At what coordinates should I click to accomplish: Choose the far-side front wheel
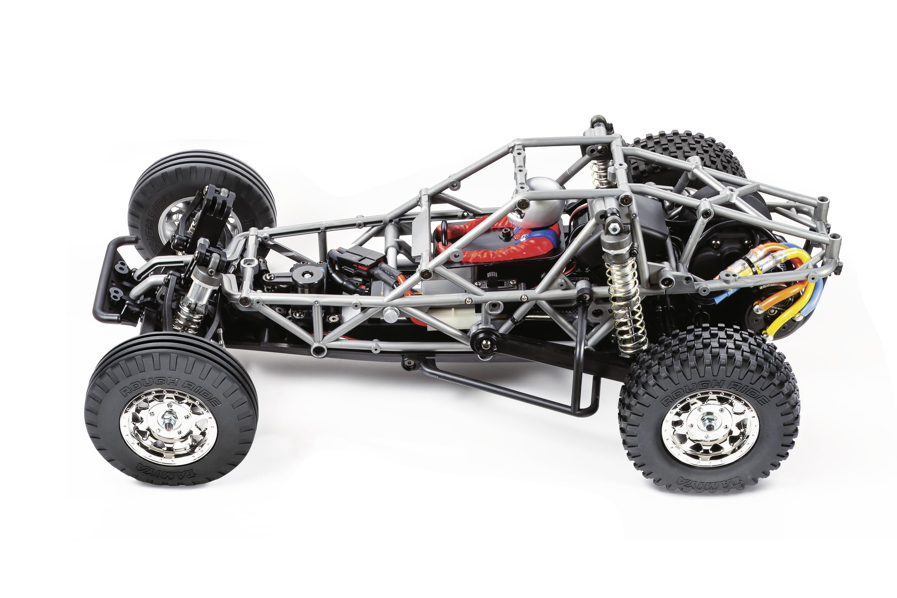[x=199, y=195]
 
